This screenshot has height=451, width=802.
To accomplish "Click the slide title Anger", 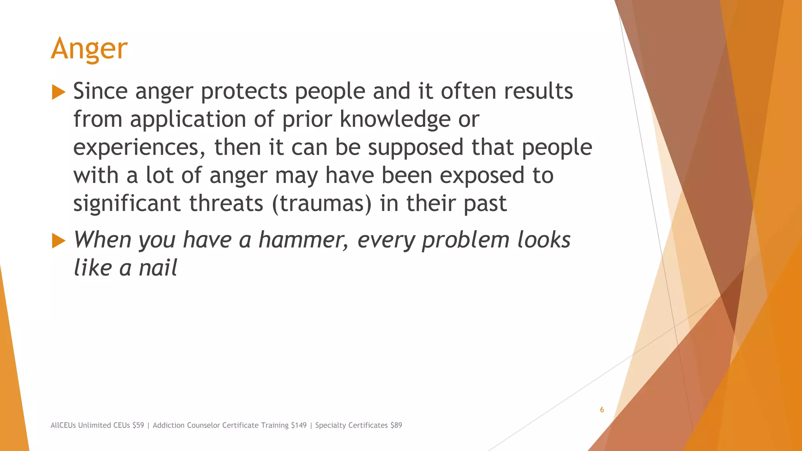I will [x=89, y=49].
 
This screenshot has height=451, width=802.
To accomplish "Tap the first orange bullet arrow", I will [x=58, y=92].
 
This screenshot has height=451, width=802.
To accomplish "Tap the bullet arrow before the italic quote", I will [x=58, y=241].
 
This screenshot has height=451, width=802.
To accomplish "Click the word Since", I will [x=100, y=91].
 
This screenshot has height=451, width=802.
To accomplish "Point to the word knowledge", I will [x=395, y=120].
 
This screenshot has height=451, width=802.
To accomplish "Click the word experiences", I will [x=139, y=148].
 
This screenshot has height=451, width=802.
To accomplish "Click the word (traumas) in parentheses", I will [x=322, y=204].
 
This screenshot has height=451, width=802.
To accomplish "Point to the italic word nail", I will [x=158, y=268].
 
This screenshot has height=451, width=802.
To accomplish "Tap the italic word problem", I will [x=465, y=240].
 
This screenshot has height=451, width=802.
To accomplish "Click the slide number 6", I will [x=602, y=410].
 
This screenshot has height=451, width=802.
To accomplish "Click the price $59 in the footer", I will [x=138, y=425].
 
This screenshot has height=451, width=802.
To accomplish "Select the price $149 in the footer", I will [x=298, y=425].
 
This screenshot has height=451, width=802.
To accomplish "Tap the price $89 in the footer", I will [x=396, y=425].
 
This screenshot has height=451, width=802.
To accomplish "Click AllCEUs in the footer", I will [x=63, y=425].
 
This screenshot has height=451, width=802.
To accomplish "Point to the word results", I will [x=538, y=91].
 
